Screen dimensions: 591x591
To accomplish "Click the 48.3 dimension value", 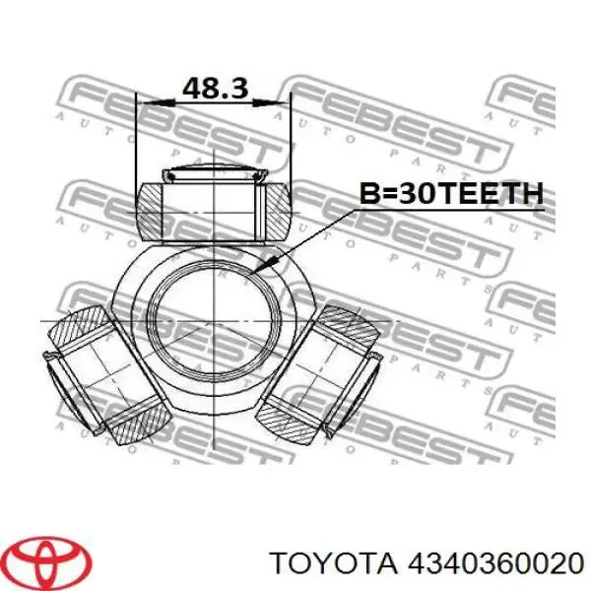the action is tap(215, 89).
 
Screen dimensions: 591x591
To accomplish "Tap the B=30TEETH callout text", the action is tap(451, 193).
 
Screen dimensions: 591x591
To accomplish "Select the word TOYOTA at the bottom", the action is tap(334, 563).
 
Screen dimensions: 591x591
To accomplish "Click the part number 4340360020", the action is tap(496, 563).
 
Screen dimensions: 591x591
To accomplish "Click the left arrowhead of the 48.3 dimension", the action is tap(156, 102).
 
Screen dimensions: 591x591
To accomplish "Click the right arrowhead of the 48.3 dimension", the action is tap(272, 102).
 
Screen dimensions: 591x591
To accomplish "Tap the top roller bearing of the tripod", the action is tap(214, 212).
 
